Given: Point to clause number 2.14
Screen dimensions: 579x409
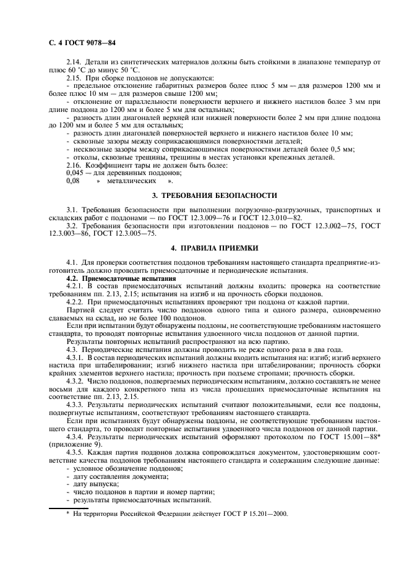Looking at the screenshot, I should tap(74, 63).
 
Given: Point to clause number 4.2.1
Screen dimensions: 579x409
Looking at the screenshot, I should tap(76, 286).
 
